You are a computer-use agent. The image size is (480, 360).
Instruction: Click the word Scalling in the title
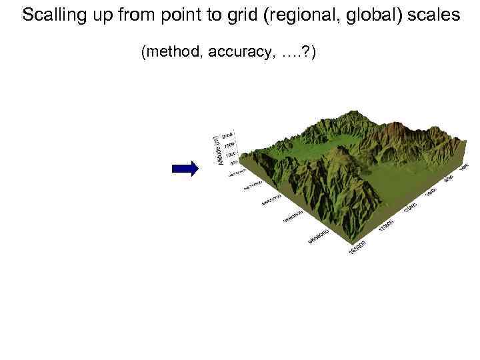pos(51,15)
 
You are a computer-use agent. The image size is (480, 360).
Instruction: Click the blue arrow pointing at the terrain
pos(185,169)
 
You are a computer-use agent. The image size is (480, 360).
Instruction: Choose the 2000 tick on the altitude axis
pos(229,135)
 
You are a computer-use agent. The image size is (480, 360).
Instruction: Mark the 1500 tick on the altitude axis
pos(230,145)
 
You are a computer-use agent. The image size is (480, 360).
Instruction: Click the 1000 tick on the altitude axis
pos(231,154)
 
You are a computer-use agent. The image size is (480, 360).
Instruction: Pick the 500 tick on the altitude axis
pos(233,163)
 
